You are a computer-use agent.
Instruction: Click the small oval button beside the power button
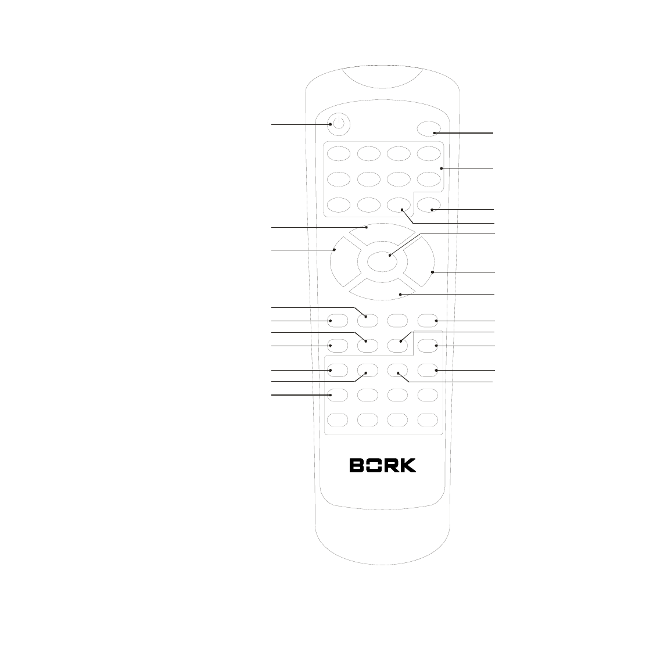[x=429, y=130]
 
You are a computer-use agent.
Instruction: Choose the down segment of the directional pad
[x=383, y=289]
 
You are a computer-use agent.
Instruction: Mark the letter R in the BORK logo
[x=391, y=466]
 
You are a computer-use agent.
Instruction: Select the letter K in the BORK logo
[x=408, y=466]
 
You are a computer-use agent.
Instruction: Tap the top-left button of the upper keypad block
[x=339, y=153]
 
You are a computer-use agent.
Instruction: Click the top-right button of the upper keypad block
[x=428, y=153]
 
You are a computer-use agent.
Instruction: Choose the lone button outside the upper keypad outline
[x=429, y=204]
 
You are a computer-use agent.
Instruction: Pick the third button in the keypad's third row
[x=399, y=204]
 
